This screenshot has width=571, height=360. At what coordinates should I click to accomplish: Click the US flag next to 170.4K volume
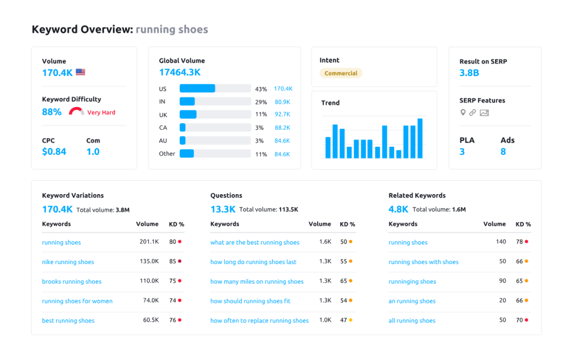coord(80,72)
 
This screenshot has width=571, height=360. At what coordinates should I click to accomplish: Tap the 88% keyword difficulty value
coord(52,112)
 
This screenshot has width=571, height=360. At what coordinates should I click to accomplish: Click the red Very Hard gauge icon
coord(76,111)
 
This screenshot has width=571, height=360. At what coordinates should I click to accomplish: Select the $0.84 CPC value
coord(54,151)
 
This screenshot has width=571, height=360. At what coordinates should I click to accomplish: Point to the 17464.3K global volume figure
coord(180,73)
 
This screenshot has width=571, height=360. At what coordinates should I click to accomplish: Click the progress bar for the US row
coord(215,89)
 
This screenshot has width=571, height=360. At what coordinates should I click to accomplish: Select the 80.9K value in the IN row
coord(282,102)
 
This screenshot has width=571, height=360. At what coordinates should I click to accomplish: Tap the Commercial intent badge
coord(341,73)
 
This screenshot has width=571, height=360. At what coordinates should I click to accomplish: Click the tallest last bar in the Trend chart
coord(420,138)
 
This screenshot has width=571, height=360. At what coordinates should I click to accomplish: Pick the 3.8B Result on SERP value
coord(469,73)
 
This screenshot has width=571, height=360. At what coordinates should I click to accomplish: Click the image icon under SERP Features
coord(485,113)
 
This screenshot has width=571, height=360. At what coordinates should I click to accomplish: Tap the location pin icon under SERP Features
coord(463,113)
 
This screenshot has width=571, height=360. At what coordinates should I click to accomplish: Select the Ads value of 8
coord(503,152)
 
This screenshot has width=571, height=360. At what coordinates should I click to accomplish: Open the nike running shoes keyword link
coord(68,262)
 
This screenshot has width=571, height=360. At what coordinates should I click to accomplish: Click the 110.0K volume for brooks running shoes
coord(149,281)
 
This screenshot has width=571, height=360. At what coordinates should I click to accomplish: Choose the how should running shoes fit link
coord(250,301)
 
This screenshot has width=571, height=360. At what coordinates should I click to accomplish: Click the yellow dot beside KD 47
coord(350,320)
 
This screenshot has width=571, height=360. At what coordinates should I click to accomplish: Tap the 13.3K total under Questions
coord(223,209)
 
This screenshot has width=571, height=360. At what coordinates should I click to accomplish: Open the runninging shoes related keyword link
coord(412,282)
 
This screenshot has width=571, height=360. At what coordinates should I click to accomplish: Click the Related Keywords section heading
coord(417,195)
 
